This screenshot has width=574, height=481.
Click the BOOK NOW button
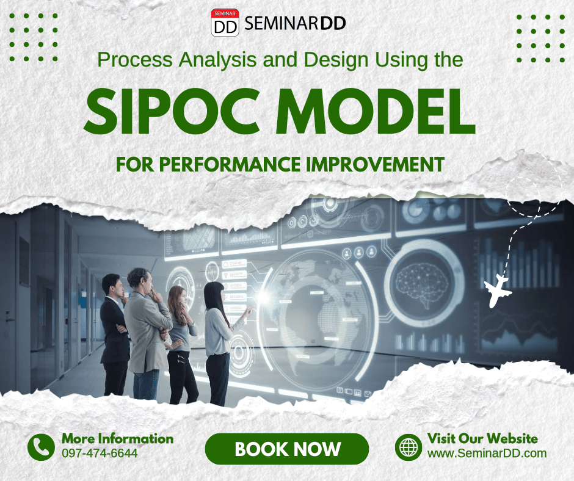(x=286, y=449)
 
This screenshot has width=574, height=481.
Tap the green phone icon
(x=41, y=447)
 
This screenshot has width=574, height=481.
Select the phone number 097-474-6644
(x=100, y=453)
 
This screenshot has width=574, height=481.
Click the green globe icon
(x=408, y=447)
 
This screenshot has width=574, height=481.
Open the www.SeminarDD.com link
(x=487, y=453)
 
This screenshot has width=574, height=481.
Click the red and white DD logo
(x=225, y=23)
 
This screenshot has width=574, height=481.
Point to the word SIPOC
(x=172, y=111)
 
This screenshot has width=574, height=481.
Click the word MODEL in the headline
(x=376, y=111)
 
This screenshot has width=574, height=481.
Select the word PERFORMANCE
(x=230, y=164)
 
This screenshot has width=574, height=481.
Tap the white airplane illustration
(x=497, y=291)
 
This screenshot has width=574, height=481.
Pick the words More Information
(x=117, y=438)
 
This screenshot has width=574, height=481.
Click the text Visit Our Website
(x=482, y=438)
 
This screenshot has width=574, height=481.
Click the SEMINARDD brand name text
(x=295, y=23)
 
